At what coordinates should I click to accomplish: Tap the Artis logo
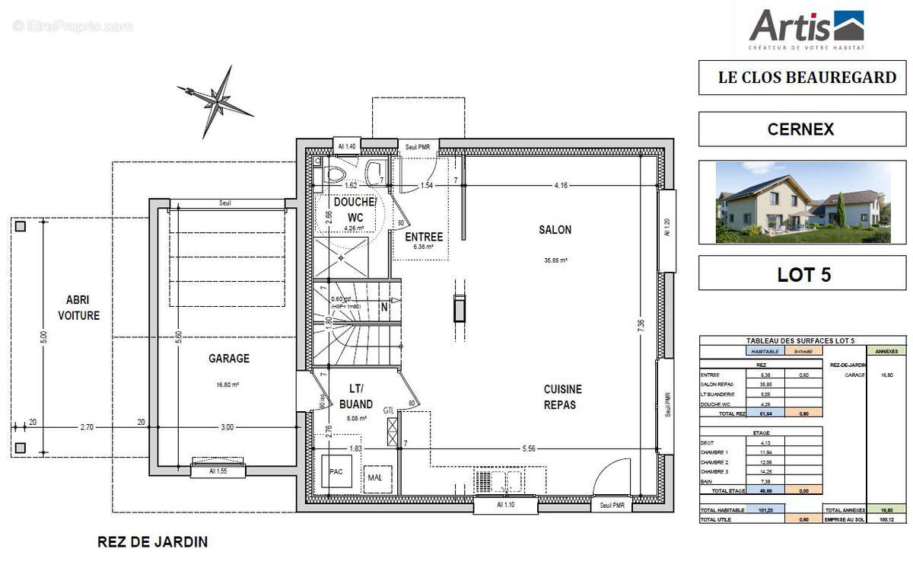[806, 28]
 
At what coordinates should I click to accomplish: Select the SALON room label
[555, 230]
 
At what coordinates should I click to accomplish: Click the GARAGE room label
[229, 359]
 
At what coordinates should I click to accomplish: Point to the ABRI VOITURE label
[78, 308]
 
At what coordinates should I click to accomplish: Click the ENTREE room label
[424, 237]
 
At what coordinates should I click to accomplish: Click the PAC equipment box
[336, 472]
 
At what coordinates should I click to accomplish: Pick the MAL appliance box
[375, 477]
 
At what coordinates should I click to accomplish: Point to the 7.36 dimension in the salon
[641, 324]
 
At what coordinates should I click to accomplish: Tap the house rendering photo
[803, 202]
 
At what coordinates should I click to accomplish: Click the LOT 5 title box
[803, 275]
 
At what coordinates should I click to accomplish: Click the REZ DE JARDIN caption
[152, 542]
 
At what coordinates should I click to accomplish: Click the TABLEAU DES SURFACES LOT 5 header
[803, 341]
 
